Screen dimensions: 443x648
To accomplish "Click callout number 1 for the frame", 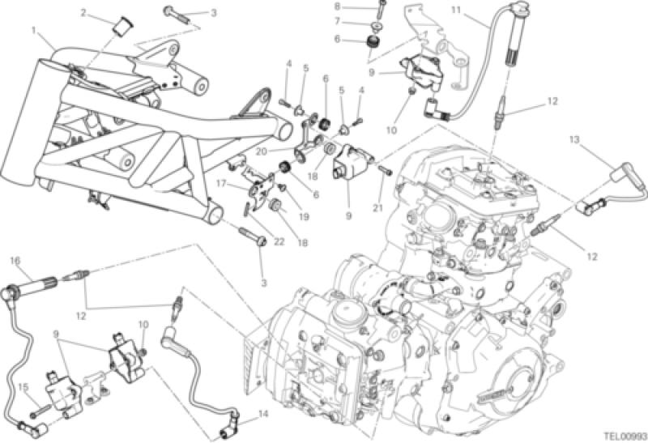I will pyautogui.click(x=35, y=30).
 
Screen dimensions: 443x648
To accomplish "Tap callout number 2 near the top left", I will pyautogui.click(x=84, y=12).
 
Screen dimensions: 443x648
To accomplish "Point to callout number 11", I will pyautogui.click(x=455, y=10).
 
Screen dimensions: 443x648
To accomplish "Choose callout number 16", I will pyautogui.click(x=14, y=261).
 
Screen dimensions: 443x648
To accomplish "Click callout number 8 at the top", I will pyautogui.click(x=360, y=6).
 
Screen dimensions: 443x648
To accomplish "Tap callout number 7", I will pyautogui.click(x=360, y=22).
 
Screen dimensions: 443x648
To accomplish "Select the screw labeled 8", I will pyautogui.click(x=378, y=10).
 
